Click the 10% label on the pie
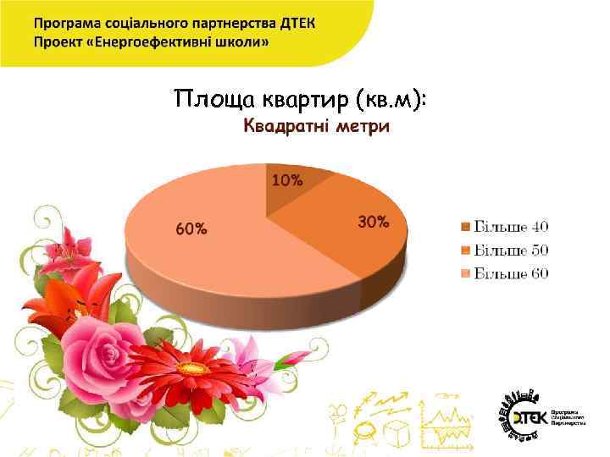tap(287, 180)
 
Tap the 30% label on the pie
tap(374, 223)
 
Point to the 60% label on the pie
tap(191, 228)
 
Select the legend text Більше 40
tap(511, 227)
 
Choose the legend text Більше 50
tap(511, 250)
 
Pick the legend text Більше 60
tap(511, 273)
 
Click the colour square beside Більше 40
tap(465, 227)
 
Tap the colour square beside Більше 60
tap(465, 273)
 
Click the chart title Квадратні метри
tap(317, 127)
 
